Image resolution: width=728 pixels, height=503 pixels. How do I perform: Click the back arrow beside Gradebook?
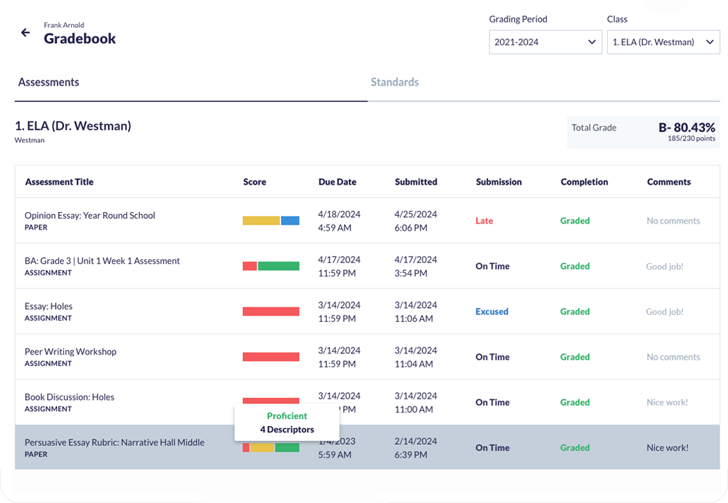click(25, 33)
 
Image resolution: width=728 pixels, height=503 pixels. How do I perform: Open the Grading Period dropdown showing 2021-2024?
click(545, 42)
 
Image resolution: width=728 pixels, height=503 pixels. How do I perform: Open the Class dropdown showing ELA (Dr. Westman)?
click(663, 42)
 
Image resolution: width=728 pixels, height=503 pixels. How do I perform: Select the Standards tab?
click(394, 82)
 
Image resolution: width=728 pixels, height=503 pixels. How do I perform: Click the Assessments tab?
click(48, 82)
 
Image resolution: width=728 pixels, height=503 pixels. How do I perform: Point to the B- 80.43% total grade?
click(687, 127)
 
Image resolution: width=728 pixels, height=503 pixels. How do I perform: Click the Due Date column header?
click(337, 182)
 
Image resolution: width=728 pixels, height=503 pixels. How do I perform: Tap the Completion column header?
click(584, 182)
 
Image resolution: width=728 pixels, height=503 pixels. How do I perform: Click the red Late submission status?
click(484, 220)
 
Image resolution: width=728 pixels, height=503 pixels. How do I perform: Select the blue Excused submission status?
click(491, 312)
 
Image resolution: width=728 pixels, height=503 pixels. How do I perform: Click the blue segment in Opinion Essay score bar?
click(290, 220)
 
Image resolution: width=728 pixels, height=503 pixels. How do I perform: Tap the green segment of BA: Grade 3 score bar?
click(279, 266)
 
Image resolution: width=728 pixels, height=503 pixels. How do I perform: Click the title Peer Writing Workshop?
click(70, 352)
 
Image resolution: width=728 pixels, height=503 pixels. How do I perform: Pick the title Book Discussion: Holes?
click(69, 397)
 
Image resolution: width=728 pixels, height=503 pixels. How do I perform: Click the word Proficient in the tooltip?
click(287, 416)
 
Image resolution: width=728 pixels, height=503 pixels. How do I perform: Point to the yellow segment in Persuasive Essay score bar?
click(262, 447)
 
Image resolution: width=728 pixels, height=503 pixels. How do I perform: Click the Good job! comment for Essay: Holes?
click(664, 312)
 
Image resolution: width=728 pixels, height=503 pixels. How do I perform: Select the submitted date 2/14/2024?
click(415, 442)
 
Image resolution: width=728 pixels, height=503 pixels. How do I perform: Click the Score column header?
click(255, 182)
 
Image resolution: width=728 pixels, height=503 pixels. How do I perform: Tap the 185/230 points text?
click(691, 138)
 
